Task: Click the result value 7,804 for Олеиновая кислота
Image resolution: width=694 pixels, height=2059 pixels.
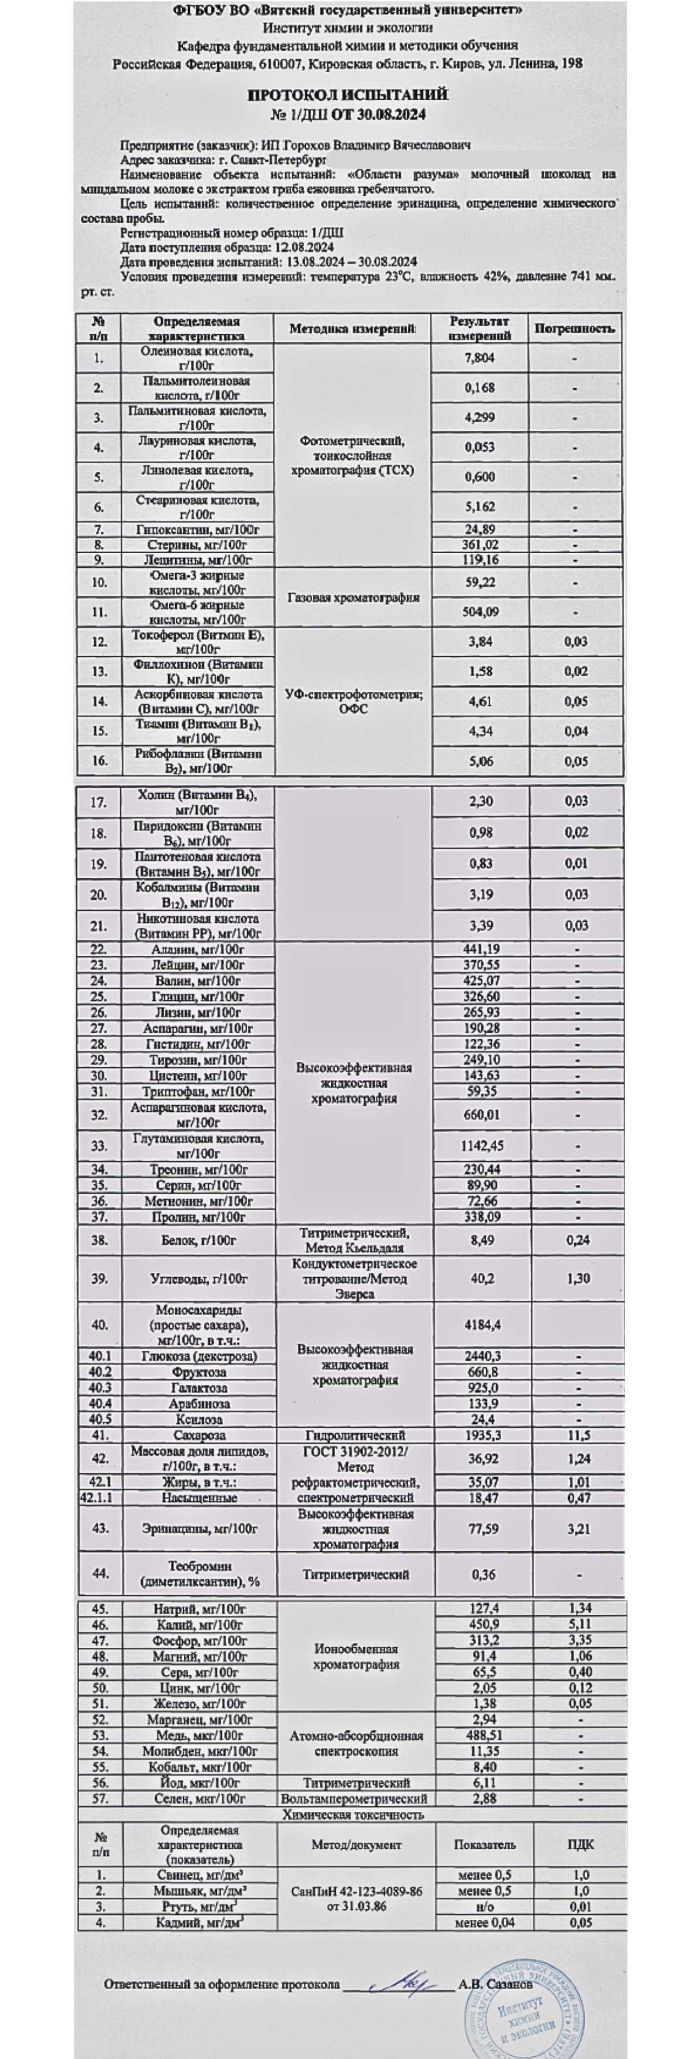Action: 480,358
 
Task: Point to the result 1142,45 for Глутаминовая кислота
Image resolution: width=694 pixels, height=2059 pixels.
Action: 481,1145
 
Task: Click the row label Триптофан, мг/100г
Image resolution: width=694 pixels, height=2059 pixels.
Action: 198,1091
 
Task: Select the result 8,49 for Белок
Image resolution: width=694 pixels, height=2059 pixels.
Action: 480,1240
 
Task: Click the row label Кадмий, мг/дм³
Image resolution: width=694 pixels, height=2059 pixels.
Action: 199,1922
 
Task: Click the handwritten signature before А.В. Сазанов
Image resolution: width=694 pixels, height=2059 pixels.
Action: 404,1982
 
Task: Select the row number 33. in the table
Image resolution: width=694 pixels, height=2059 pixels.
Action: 98,1145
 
